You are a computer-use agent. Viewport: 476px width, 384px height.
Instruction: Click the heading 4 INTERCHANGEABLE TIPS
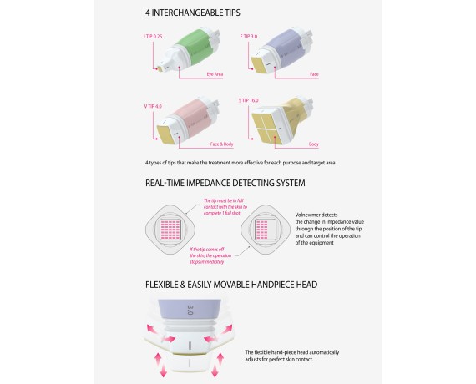pos(193,13)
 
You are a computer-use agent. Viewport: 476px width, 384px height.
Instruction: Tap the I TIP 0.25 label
pos(153,37)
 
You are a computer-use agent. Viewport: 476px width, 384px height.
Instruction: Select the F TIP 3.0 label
pos(249,37)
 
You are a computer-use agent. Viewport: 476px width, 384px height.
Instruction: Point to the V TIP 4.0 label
pos(153,106)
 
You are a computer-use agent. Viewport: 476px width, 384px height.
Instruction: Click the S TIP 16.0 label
pos(248,100)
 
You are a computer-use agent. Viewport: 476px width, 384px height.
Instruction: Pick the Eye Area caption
pos(215,74)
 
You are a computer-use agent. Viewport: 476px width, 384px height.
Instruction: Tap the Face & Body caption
pos(221,144)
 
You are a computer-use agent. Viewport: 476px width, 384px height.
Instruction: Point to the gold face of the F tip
pos(260,65)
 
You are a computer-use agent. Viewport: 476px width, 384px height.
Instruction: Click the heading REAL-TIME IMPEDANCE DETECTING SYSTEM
pos(225,183)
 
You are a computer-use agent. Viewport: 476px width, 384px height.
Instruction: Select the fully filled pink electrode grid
pos(170,230)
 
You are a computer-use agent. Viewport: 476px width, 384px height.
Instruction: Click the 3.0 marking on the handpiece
pos(190,310)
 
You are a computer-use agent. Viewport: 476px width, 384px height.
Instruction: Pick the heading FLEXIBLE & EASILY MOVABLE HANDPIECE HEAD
pos(231,285)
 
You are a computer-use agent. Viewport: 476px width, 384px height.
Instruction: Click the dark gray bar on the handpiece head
pos(190,346)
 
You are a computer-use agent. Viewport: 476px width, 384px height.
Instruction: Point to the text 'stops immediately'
pos(207,262)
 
